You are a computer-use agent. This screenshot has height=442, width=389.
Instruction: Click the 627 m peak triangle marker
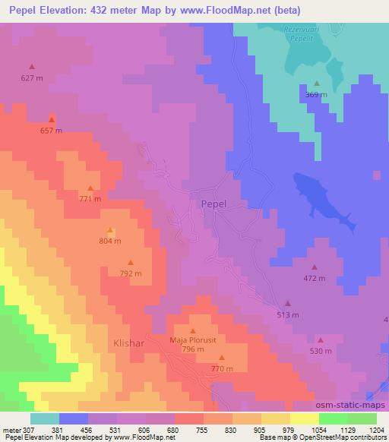click(32, 67)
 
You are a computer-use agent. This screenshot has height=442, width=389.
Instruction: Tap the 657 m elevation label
click(51, 131)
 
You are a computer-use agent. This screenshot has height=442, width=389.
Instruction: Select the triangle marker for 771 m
click(90, 188)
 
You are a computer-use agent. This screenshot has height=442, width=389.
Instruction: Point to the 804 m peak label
click(110, 241)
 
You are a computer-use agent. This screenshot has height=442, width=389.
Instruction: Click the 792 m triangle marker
click(131, 262)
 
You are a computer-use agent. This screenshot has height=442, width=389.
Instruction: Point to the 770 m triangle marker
click(222, 358)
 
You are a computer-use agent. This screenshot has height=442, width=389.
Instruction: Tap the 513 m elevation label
click(287, 314)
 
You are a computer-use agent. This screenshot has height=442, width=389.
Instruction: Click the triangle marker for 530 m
click(320, 340)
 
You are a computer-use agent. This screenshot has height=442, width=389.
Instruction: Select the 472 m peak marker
click(315, 267)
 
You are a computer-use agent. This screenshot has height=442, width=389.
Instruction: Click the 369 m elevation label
click(316, 95)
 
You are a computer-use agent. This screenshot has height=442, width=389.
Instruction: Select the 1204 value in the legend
click(378, 431)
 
